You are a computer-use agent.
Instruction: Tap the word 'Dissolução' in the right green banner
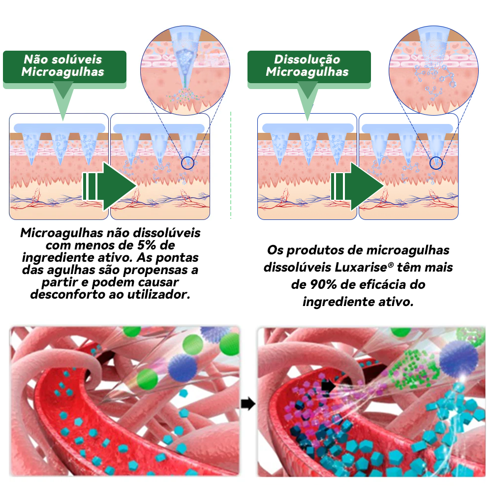(307, 60)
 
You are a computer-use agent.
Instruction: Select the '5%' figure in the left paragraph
(147, 245)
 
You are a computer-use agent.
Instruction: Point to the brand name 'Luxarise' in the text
(361, 267)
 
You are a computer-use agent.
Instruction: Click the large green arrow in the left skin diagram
(109, 186)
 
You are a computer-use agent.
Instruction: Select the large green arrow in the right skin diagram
(357, 186)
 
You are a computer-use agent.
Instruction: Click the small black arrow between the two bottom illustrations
(248, 404)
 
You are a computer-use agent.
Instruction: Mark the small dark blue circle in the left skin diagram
(187, 163)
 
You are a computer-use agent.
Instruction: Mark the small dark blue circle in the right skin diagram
(436, 163)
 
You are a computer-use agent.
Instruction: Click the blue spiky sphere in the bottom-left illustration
(183, 368)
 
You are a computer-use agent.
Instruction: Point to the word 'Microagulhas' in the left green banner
(63, 72)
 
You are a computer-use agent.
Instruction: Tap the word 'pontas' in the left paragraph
(177, 258)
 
